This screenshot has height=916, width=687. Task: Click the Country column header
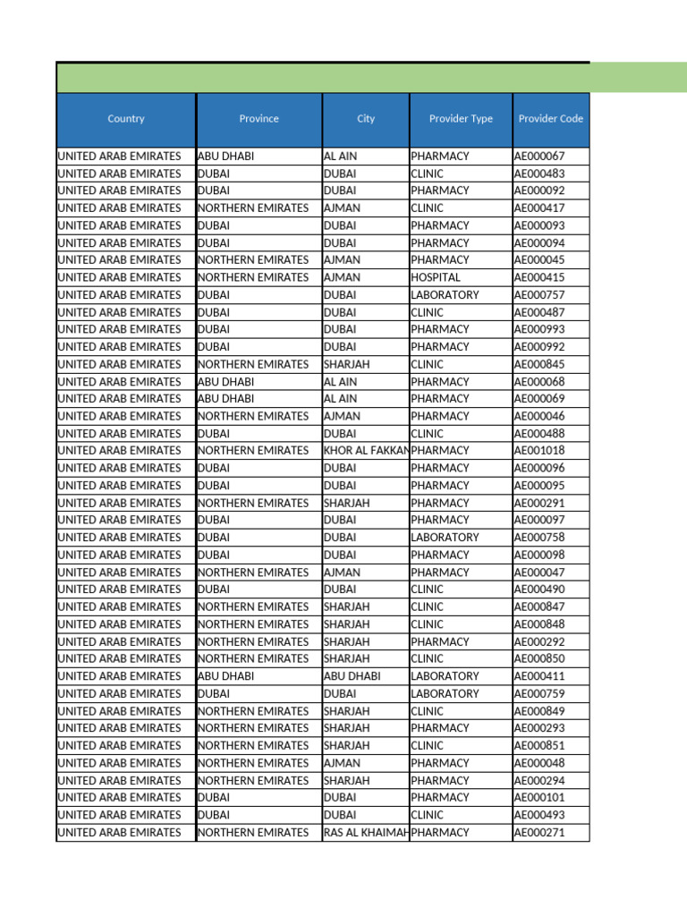click(125, 119)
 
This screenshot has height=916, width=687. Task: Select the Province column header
click(259, 119)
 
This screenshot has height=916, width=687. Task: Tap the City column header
click(366, 119)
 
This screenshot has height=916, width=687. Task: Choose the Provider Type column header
click(461, 119)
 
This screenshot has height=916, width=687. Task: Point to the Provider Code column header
click(551, 119)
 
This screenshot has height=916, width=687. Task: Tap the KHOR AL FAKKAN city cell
click(366, 451)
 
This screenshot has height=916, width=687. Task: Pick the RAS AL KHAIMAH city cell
click(366, 833)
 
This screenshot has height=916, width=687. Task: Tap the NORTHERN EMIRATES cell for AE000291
click(253, 503)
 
